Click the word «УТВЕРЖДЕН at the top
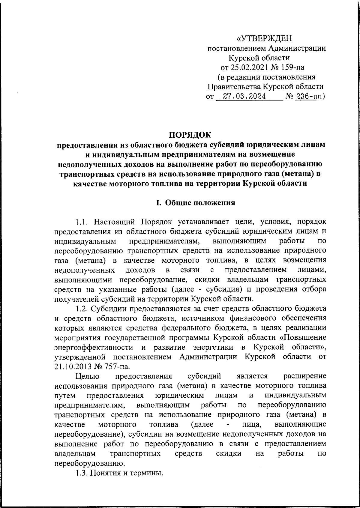264,39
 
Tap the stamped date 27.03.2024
242,97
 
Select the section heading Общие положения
200,203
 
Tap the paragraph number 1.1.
82,222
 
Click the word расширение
305,376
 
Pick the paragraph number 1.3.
82,473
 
